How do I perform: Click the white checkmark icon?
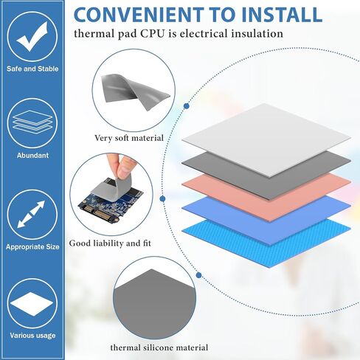32,35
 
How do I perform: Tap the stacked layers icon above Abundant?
32,122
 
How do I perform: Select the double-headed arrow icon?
32,214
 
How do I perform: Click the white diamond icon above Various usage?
32,304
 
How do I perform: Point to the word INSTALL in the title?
282,15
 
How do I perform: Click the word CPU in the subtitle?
152,34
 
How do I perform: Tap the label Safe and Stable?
32,69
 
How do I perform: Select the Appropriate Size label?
32,247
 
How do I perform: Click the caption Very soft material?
129,138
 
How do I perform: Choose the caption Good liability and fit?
110,243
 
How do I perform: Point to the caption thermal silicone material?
159,347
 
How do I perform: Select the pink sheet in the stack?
266,197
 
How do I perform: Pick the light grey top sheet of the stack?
266,139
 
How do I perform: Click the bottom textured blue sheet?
266,242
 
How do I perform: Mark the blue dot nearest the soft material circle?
187,106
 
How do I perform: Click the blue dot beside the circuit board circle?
162,198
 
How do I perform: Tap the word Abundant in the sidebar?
32,156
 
